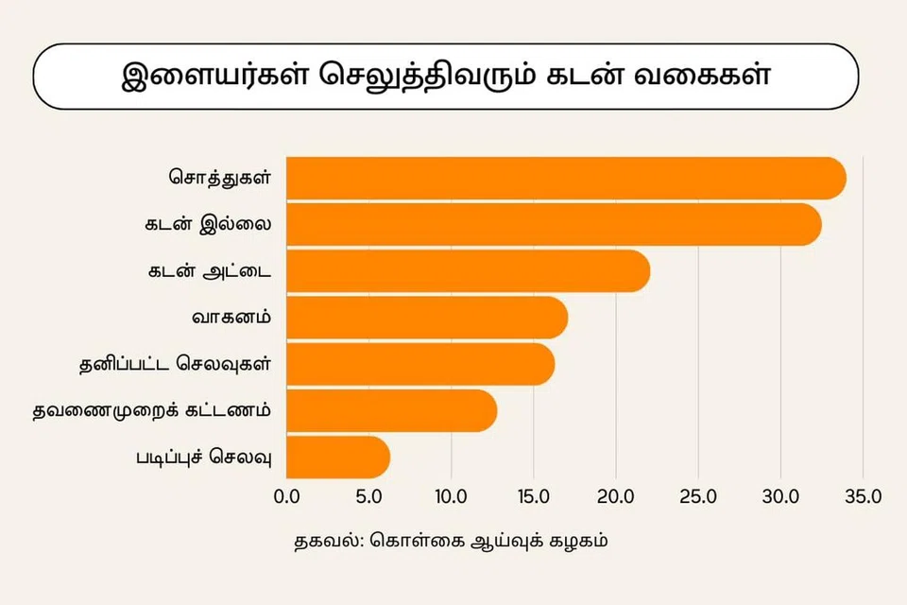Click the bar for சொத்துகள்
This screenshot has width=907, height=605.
[x=565, y=179]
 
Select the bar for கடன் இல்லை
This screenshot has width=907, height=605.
[x=553, y=225]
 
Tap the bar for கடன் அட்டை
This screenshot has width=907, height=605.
[x=468, y=271]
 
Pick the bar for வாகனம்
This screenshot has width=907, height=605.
[x=426, y=318]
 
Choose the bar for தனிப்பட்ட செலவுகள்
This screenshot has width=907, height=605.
[x=419, y=364]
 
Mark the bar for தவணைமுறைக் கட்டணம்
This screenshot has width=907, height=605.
[x=391, y=410]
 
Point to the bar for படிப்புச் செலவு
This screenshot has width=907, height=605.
[x=337, y=457]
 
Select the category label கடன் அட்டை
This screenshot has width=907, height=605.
[x=209, y=270]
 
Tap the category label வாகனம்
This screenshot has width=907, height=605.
[x=232, y=317]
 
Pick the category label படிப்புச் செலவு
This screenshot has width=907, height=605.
[x=204, y=457]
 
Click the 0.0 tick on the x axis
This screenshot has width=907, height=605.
[x=286, y=496]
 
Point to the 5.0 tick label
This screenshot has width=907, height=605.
[x=368, y=496]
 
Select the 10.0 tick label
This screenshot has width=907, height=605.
[x=451, y=496]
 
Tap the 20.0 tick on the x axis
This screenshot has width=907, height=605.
[x=616, y=496]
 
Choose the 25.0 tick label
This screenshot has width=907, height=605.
[x=698, y=496]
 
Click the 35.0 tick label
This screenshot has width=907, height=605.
[x=863, y=496]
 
